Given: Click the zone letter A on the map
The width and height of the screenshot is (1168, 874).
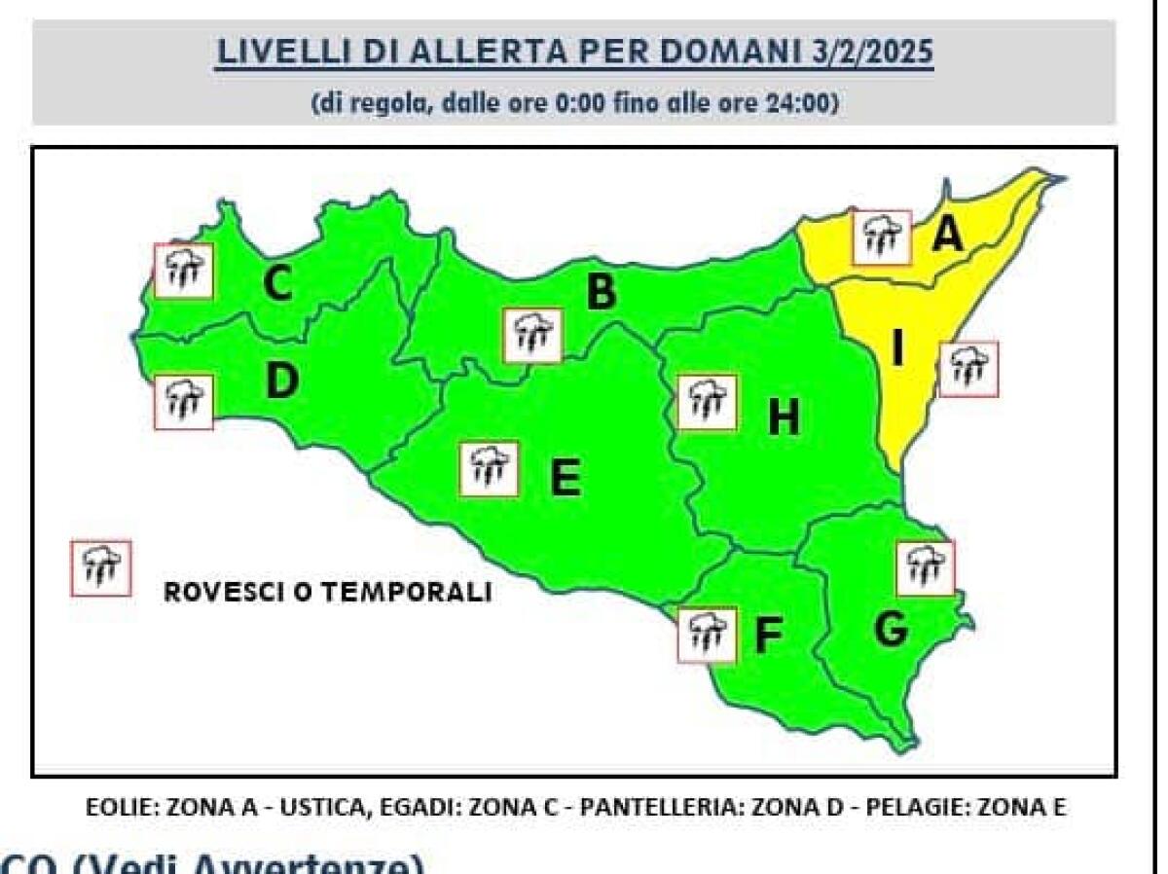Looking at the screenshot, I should click(x=947, y=234).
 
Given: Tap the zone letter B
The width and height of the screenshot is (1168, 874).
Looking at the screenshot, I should click(x=602, y=292).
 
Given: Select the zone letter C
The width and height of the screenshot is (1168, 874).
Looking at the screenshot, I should click(x=278, y=285).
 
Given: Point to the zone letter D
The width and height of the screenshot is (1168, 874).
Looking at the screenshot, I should click(x=281, y=381).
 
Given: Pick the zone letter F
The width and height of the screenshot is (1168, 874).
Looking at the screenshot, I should click(x=768, y=637).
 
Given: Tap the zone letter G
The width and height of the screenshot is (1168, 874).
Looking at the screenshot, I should click(x=891, y=631).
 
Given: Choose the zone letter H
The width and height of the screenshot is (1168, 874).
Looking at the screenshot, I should click(x=784, y=419).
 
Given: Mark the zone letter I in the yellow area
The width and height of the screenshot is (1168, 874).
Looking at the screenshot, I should click(x=897, y=348).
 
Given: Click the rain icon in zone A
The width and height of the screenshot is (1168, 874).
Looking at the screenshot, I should click(x=881, y=237).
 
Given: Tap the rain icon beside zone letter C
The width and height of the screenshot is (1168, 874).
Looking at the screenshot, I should click(x=184, y=270).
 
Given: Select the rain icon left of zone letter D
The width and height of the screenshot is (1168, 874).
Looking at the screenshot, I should click(x=184, y=401).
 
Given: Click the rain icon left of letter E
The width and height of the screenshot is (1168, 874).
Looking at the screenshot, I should click(x=490, y=468).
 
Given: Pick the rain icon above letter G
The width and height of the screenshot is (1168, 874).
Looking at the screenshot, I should click(x=925, y=567).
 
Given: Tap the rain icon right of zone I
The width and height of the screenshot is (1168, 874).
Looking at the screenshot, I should click(x=969, y=369).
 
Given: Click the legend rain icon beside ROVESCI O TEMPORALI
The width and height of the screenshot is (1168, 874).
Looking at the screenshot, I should click(x=100, y=568).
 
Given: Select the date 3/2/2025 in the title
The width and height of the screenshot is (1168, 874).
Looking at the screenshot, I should click(x=872, y=52).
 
